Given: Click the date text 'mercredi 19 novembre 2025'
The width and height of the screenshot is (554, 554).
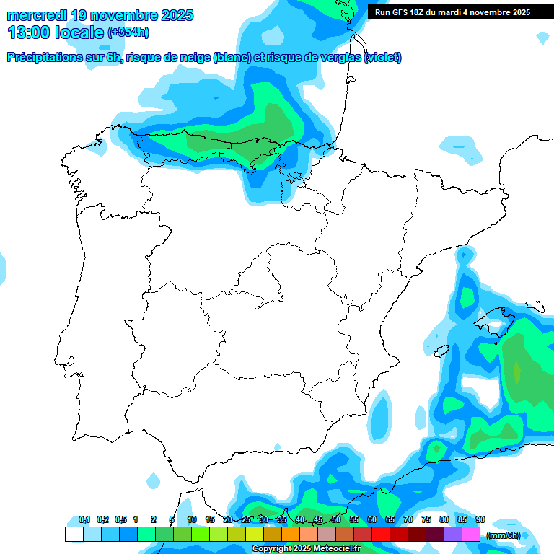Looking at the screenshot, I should pyautogui.click(x=100, y=15).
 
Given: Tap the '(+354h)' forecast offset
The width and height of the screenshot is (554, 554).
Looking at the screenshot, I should pyautogui.click(x=128, y=32).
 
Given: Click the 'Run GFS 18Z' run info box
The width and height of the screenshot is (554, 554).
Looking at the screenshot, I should pyautogui.click(x=453, y=12).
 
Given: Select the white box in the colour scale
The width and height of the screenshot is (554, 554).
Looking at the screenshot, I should pyautogui.click(x=74, y=535).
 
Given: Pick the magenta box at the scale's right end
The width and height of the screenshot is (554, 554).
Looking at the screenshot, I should pyautogui.click(x=470, y=535).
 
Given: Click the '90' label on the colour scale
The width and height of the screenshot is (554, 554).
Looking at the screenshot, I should pyautogui.click(x=480, y=519).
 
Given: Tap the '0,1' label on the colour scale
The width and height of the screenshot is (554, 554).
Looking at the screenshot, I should pyautogui.click(x=84, y=519).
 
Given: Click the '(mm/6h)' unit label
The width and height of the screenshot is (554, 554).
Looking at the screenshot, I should pyautogui.click(x=503, y=535).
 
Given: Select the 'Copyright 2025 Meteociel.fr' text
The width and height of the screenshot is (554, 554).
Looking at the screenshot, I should pyautogui.click(x=306, y=548).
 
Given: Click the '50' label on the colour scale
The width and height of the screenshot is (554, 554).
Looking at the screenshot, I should pyautogui.click(x=336, y=519).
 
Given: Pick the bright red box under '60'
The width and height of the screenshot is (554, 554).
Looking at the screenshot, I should pyautogui.click(x=380, y=535).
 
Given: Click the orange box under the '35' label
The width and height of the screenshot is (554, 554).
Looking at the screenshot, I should pyautogui.click(x=290, y=535).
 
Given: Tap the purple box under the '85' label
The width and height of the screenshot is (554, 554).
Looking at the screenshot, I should pyautogui.click(x=452, y=535).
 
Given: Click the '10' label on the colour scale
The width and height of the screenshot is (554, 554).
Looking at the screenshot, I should pyautogui.click(x=192, y=519).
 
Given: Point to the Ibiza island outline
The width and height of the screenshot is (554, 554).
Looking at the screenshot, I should pyautogui.click(x=439, y=351).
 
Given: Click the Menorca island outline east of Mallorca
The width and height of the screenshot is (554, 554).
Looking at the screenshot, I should pyautogui.click(x=534, y=306).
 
